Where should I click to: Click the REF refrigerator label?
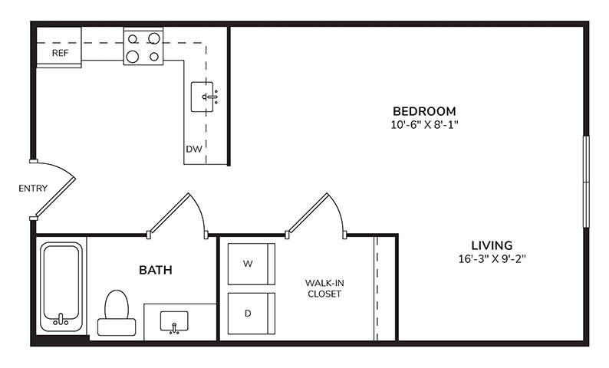[x=60, y=53]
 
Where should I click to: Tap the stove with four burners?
[x=143, y=46]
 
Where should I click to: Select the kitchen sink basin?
[x=202, y=97]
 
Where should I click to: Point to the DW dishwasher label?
[x=194, y=149]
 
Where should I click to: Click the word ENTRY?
[x=33, y=189]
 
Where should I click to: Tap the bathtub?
[x=61, y=287]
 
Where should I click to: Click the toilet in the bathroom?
[x=117, y=313]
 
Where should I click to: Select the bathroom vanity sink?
[x=174, y=322]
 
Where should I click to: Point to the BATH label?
[x=156, y=270]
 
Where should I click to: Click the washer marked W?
[x=252, y=264]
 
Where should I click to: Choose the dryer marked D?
[x=252, y=314]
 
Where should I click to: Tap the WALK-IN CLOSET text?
[x=324, y=288]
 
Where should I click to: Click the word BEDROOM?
[x=424, y=111]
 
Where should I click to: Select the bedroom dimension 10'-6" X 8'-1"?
[x=425, y=125]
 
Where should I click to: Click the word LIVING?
[x=492, y=245]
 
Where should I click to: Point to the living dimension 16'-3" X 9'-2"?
[x=492, y=259]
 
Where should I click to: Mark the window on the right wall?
[x=586, y=182]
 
